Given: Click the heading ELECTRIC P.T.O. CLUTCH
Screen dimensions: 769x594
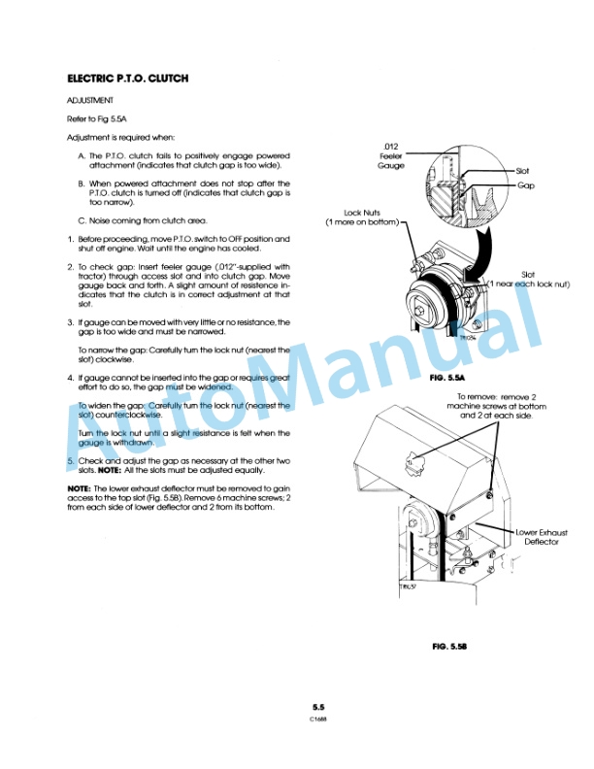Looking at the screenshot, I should click(x=127, y=78).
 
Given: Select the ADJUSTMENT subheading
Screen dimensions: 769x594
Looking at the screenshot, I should click(x=90, y=99).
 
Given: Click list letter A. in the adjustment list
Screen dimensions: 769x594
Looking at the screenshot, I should click(x=82, y=155).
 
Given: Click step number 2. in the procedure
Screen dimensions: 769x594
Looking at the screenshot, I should click(x=70, y=266).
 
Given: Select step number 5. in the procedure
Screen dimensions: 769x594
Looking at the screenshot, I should click(x=70, y=459).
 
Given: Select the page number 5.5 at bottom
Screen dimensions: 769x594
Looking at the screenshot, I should click(x=317, y=708).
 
